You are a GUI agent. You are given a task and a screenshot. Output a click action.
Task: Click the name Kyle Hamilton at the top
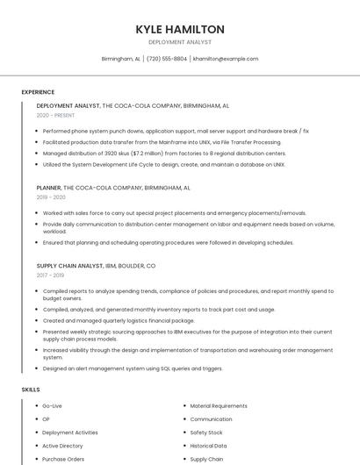(180, 29)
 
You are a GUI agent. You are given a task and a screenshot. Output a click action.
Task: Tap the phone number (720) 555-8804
(166, 59)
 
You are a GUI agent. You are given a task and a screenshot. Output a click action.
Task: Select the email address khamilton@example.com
(226, 59)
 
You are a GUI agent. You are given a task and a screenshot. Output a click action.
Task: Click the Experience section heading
(38, 92)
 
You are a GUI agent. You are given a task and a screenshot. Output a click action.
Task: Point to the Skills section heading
(31, 389)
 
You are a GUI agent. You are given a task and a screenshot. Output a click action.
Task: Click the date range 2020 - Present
(55, 115)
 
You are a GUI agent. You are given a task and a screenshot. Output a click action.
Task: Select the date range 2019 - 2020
(52, 198)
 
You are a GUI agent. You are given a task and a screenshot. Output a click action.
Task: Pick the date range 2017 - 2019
(52, 275)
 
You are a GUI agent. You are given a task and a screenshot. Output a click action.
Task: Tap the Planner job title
(48, 188)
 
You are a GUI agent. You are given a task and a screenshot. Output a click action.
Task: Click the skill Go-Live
(52, 406)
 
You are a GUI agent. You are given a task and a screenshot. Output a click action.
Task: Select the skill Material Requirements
(219, 406)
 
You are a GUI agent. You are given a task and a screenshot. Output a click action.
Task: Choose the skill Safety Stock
(206, 433)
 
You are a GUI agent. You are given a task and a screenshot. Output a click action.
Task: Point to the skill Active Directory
(62, 446)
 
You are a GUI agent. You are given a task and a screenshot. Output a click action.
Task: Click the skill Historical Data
(209, 446)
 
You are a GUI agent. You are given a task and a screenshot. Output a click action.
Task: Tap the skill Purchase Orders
(63, 459)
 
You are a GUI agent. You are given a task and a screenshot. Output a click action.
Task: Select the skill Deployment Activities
(70, 433)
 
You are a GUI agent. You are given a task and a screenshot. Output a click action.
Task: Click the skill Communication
(211, 419)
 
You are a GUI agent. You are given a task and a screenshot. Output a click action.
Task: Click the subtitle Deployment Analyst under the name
(180, 42)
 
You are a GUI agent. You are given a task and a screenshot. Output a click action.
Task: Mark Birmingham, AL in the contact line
(120, 59)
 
